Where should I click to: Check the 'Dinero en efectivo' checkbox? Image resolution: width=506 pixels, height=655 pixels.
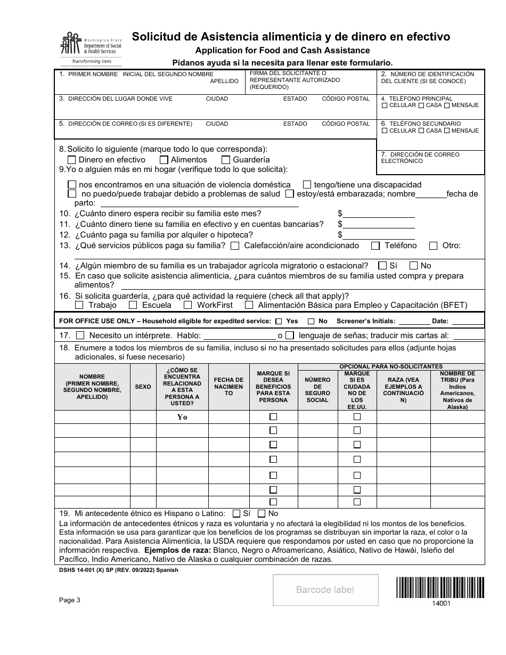(72, 160)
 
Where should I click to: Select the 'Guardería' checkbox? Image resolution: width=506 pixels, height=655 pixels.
(226, 160)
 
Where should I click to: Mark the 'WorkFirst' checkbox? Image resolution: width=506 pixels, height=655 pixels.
(187, 305)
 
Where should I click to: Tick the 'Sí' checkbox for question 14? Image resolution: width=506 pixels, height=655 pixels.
(382, 265)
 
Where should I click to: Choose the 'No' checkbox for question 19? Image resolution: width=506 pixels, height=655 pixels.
(262, 514)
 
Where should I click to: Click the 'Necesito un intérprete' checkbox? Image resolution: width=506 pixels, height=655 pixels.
(80, 335)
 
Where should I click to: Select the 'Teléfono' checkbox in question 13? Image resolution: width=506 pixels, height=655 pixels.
(376, 245)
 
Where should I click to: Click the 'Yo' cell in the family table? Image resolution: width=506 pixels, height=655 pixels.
(182, 417)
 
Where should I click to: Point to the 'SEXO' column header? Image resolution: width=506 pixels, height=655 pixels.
(143, 387)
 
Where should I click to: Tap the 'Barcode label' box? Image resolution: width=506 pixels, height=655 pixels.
(325, 589)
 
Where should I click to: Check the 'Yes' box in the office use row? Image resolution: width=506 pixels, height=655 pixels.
(279, 322)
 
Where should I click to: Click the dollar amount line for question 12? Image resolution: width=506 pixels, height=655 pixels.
(379, 235)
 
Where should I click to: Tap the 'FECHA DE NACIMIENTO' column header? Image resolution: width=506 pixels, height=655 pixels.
(228, 387)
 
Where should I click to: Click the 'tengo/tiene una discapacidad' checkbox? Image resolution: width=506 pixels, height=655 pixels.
(307, 184)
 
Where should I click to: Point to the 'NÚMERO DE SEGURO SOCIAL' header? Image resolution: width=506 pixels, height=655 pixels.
(317, 390)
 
